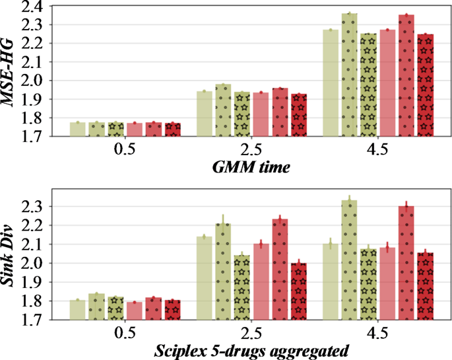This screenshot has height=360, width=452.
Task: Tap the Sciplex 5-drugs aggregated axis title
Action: point(251,350)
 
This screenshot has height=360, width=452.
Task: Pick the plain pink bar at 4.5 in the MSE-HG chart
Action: point(387,83)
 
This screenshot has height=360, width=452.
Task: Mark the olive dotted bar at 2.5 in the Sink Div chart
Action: point(224,271)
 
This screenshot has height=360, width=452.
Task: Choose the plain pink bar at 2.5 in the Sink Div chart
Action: point(261,281)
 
